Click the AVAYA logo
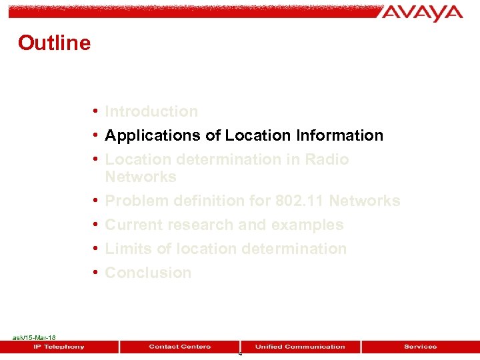point(422,13)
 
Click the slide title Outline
point(54,43)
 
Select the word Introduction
point(151,111)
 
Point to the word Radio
point(327,159)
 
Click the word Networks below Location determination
point(141,177)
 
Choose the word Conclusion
point(148,273)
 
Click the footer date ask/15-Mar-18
point(34,338)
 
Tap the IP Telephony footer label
point(59,347)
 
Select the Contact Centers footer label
point(179,347)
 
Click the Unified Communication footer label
point(300,347)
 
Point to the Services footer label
point(420,347)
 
